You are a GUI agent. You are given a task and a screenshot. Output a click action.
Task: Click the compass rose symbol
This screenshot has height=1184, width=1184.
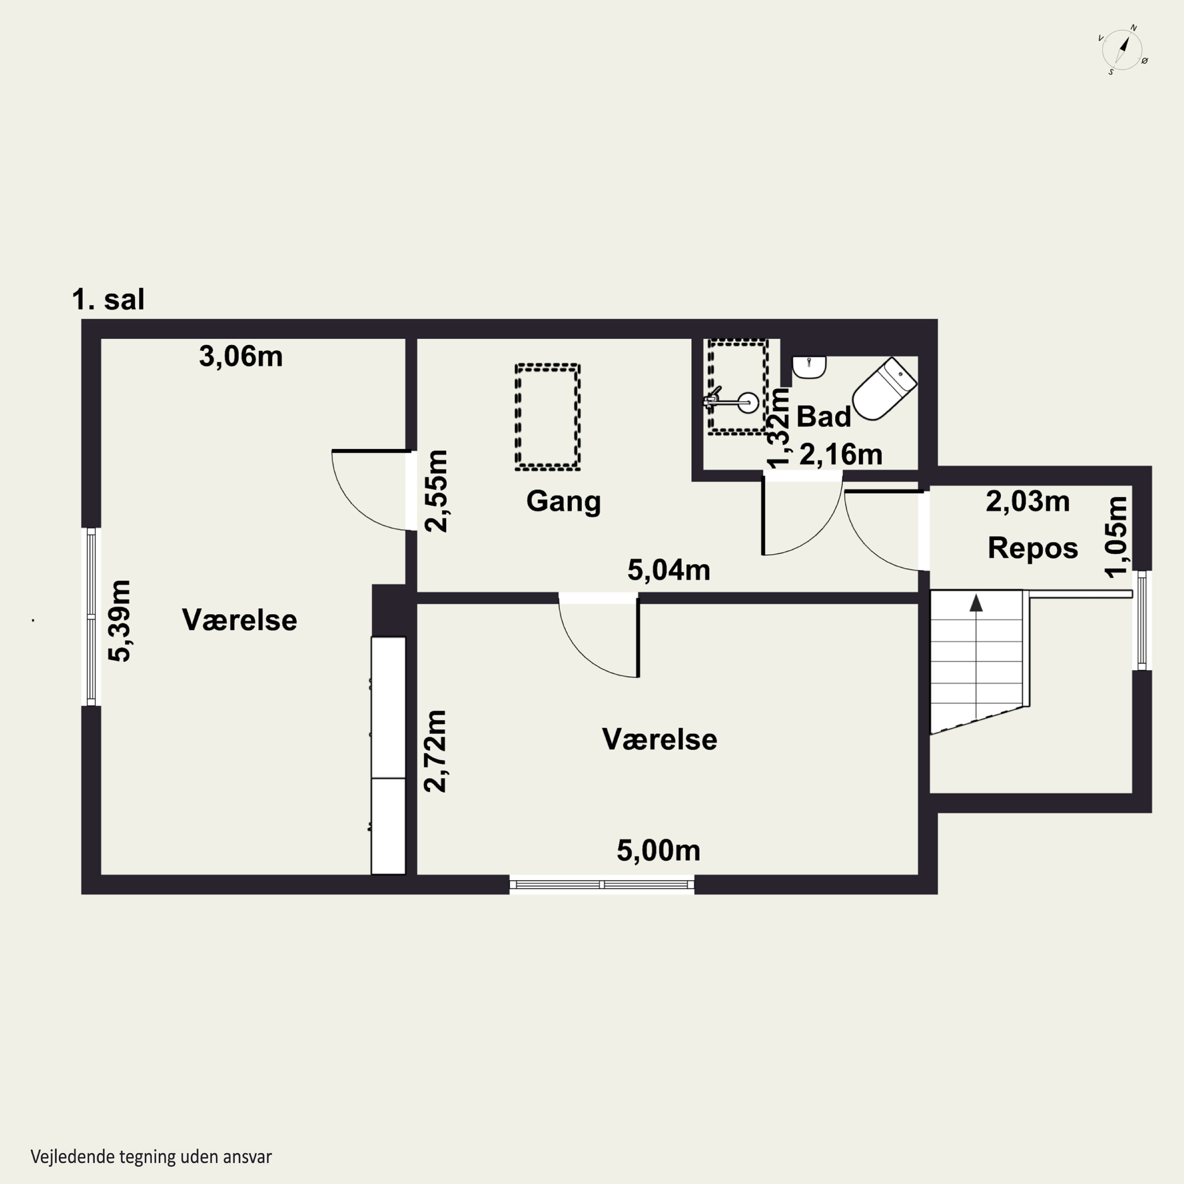(1123, 50)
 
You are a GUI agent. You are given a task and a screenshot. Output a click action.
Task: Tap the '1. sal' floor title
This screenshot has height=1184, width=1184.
(109, 300)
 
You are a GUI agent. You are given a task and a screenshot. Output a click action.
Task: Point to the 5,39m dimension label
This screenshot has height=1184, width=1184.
(120, 621)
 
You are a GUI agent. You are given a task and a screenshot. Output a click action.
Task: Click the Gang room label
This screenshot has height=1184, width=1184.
(563, 501)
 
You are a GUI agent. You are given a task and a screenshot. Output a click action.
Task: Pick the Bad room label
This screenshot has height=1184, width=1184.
(824, 417)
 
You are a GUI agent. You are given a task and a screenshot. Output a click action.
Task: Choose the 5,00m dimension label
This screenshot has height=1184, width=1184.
(658, 851)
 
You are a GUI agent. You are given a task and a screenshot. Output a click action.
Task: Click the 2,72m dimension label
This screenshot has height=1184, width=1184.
(436, 751)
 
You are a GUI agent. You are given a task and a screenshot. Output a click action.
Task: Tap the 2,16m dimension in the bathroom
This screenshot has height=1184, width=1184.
(841, 455)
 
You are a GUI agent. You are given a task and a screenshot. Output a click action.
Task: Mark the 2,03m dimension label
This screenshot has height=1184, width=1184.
(1028, 501)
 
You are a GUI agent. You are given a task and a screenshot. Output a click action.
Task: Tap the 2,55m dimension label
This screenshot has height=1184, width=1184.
(437, 491)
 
